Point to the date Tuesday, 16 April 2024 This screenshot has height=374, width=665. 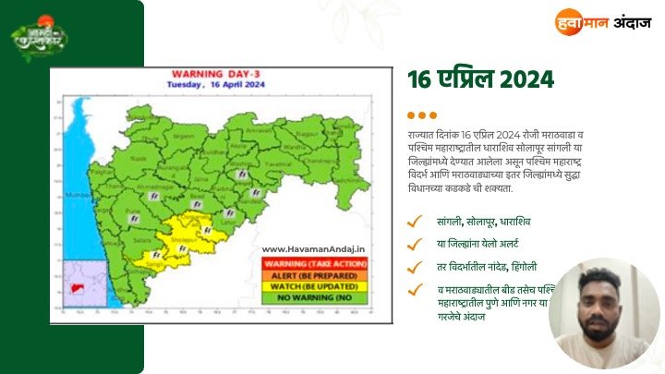(215, 84)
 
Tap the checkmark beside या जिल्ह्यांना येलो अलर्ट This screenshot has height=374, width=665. (417, 245)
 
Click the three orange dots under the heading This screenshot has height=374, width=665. (421, 115)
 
